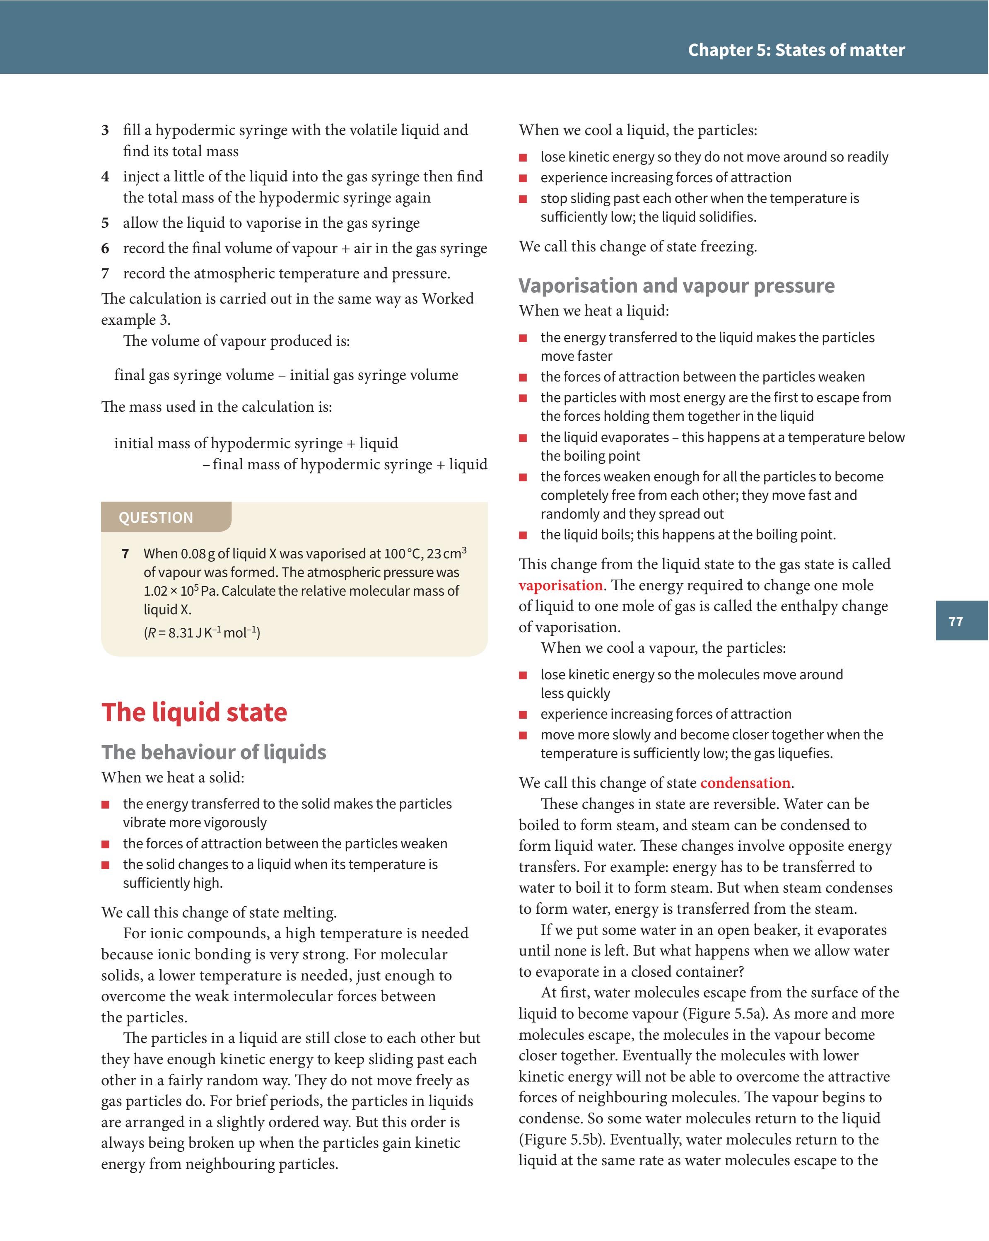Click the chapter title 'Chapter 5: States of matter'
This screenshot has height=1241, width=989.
coord(796,50)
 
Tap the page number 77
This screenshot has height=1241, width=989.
coord(955,621)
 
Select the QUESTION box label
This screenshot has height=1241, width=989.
coord(156,517)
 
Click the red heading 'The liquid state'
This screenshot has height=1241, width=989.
coord(194,712)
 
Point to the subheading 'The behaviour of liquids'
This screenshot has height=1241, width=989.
coord(214,752)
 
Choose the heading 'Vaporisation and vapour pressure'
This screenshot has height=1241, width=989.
coord(676,285)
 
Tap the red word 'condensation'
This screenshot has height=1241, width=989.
coord(745,783)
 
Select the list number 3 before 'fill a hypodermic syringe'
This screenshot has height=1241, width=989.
coord(105,130)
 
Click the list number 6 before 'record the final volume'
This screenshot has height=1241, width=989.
coord(105,249)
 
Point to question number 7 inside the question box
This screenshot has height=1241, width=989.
coord(125,554)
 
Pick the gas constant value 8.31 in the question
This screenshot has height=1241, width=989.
coord(181,633)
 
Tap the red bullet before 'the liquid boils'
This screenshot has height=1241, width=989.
coord(523,535)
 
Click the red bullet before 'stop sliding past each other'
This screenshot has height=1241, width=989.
coord(523,199)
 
